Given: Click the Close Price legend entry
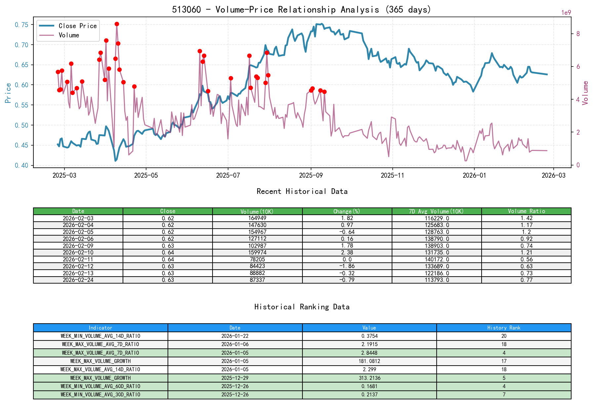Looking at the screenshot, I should (x=77, y=26).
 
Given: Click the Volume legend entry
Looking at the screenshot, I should (x=69, y=35).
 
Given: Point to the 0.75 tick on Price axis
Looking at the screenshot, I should (x=21, y=25).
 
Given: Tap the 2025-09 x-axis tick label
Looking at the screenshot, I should (x=311, y=175).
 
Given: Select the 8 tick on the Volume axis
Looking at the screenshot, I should (x=578, y=34).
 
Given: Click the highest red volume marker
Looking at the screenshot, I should (x=117, y=24).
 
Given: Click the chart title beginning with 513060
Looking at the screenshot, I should (x=301, y=9).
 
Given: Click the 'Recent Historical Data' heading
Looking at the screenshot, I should (x=302, y=191).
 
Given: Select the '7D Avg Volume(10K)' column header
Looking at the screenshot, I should (x=436, y=211).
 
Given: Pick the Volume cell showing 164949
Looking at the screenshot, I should (x=257, y=218).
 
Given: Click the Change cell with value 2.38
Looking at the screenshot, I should (x=347, y=252).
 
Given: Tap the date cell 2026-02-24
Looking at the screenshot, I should (x=78, y=280).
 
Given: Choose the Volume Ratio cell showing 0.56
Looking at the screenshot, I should (x=526, y=259).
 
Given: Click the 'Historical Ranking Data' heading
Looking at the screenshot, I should (x=302, y=307).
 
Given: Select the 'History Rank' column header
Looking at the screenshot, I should (x=503, y=328).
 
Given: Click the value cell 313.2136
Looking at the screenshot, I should (x=369, y=378).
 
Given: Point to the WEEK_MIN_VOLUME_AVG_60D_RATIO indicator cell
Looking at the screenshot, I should (x=100, y=386).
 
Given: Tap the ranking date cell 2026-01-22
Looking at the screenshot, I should (x=235, y=336).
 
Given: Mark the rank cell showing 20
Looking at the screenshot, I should (x=503, y=336).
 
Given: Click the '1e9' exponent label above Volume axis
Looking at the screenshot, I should (x=566, y=13).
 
